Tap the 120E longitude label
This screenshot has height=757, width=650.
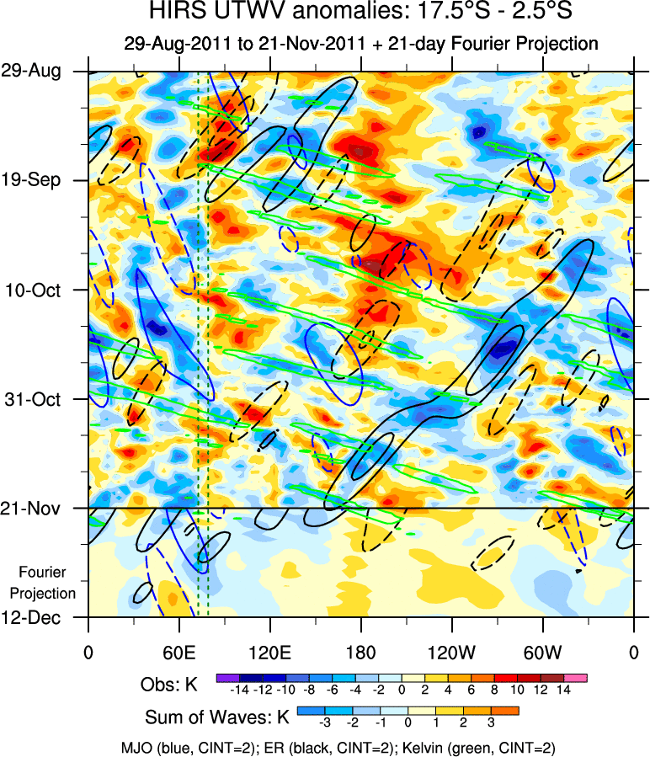(269, 652)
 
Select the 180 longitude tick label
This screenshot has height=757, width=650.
(360, 652)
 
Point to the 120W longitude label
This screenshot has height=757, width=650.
(451, 652)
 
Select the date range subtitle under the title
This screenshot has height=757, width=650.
(360, 44)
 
